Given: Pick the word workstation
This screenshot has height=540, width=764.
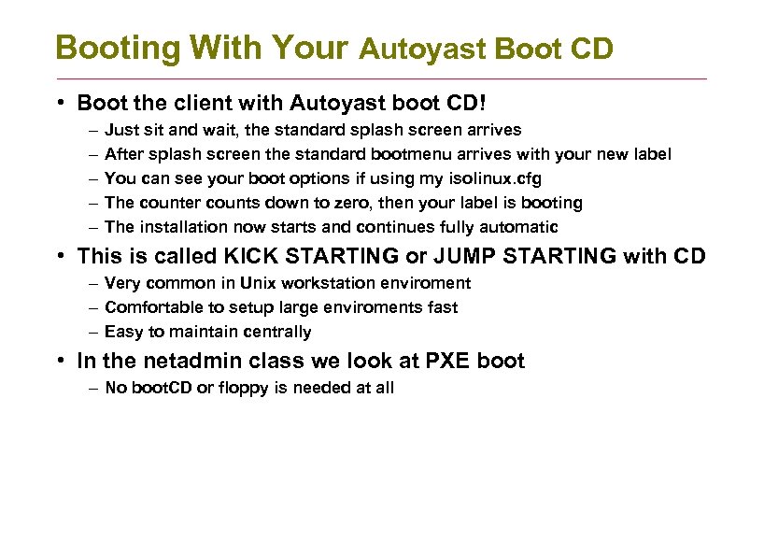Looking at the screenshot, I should (x=329, y=282).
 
